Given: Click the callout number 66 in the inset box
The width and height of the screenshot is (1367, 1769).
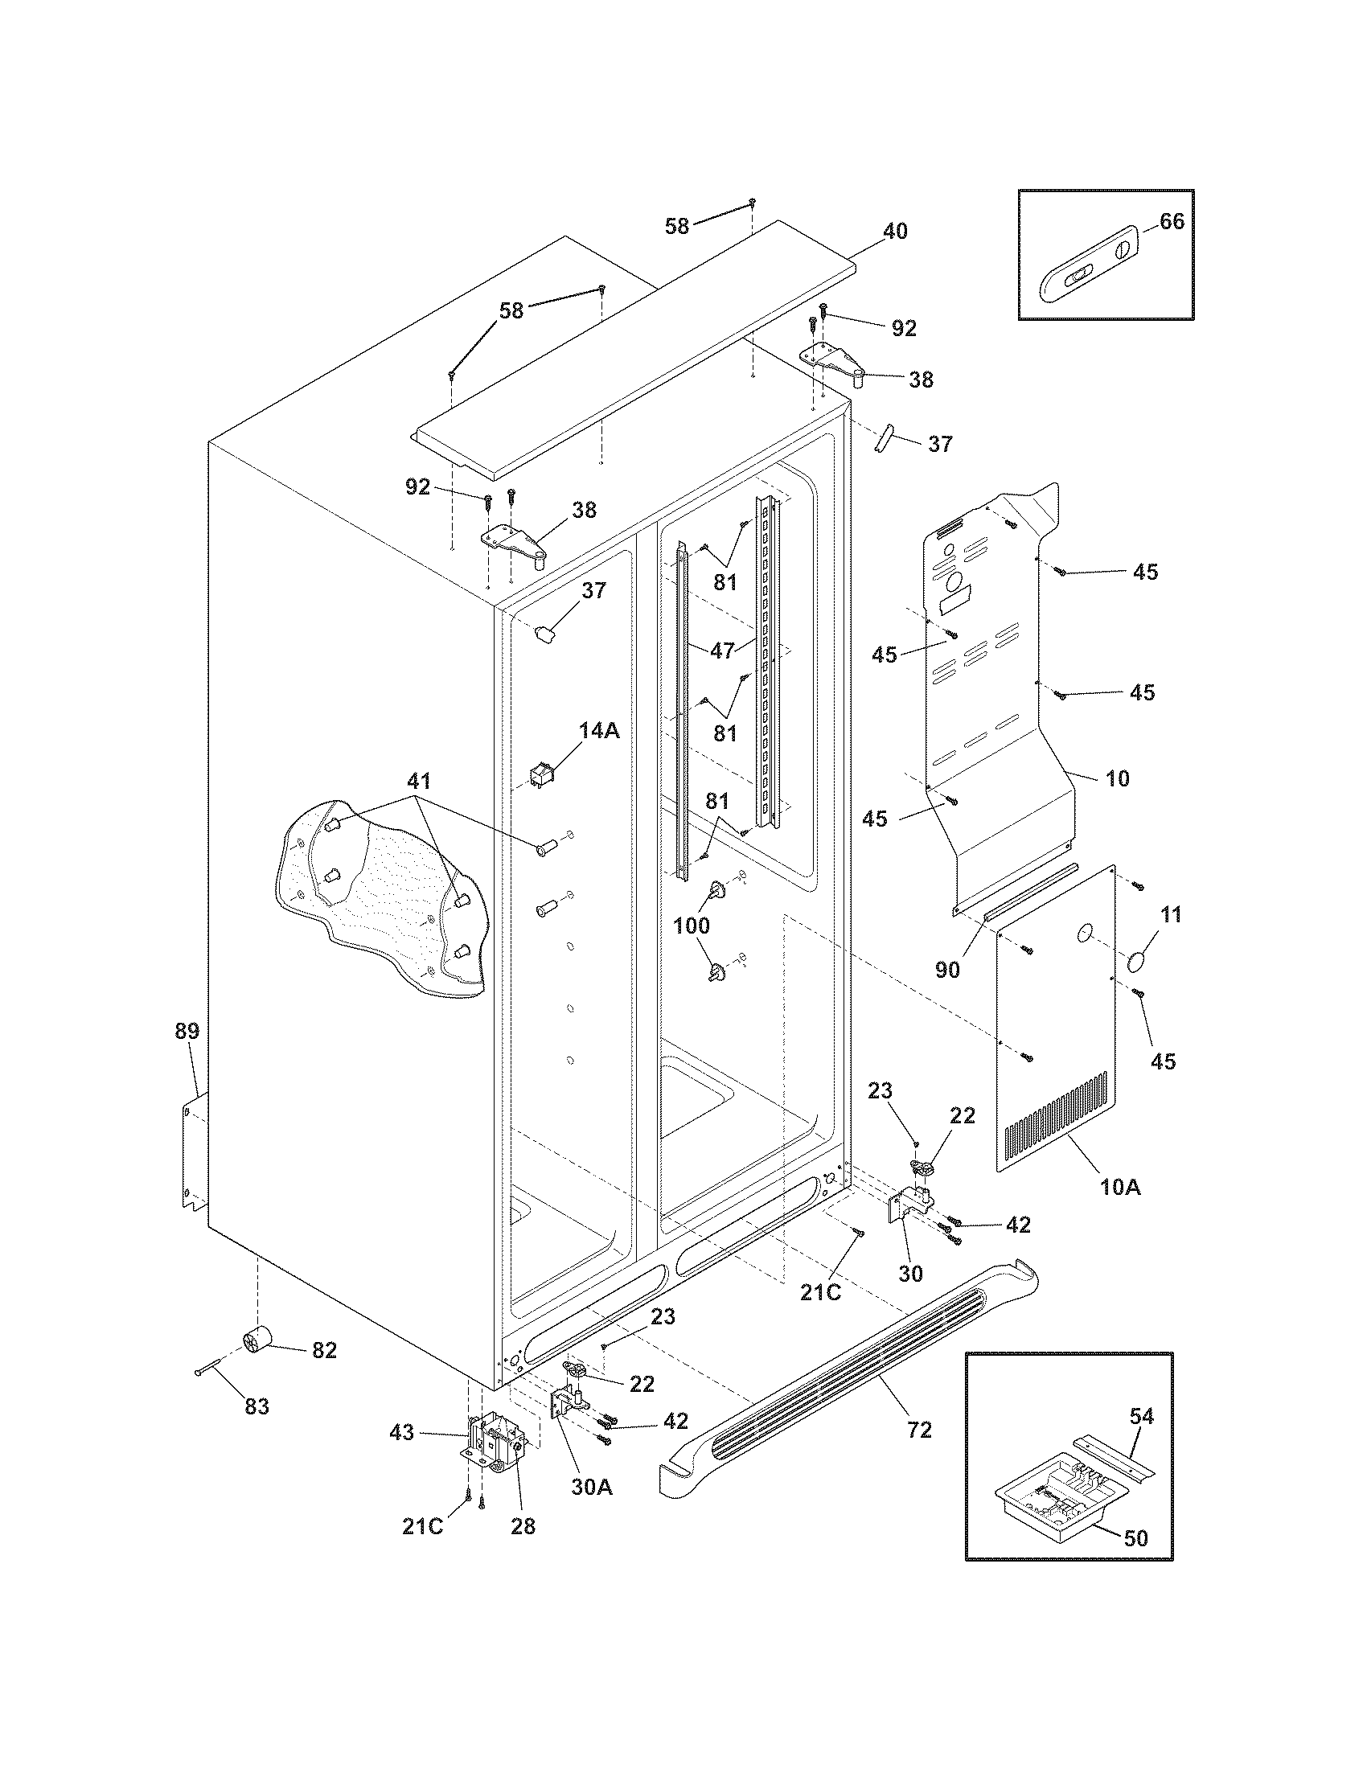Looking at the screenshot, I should click(1172, 221).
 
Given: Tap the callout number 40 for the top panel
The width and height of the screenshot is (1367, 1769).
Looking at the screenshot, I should click(895, 231).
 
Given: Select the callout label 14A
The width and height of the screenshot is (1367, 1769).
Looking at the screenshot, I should click(599, 730).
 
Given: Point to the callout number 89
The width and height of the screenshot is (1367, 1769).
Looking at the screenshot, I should click(187, 1031).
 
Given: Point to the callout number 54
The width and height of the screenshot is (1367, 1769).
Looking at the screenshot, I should click(1142, 1416).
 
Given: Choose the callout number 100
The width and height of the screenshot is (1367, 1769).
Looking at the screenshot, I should click(692, 925).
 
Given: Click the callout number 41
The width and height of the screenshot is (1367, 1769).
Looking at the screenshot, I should click(419, 782).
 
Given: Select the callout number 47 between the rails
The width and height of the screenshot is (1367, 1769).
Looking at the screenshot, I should click(722, 650).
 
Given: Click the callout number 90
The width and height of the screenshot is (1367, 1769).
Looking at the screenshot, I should click(947, 970).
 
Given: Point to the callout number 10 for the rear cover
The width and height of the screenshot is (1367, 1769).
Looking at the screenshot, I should click(1118, 778).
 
